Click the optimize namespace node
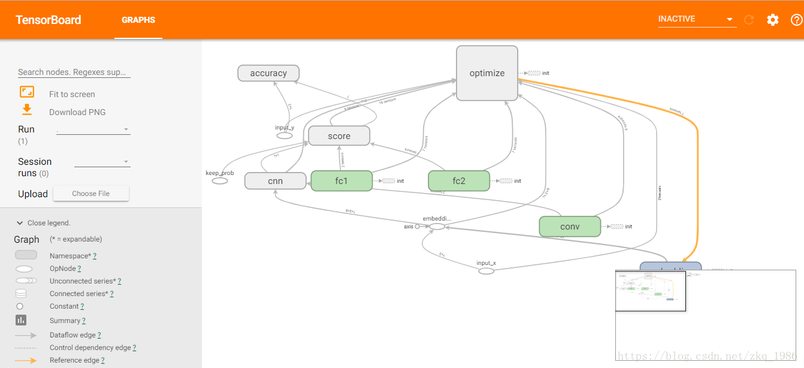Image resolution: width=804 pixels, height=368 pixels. (x=486, y=73)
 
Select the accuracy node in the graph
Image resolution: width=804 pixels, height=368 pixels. (x=268, y=73)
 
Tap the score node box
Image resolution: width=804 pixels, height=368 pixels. (x=339, y=136)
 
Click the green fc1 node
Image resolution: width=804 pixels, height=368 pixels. (x=341, y=181)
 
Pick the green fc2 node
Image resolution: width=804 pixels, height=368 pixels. (x=459, y=181)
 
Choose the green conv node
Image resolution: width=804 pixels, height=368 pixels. (x=570, y=227)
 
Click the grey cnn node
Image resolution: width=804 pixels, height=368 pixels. (x=275, y=181)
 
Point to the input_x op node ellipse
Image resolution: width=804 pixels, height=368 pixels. (x=486, y=271)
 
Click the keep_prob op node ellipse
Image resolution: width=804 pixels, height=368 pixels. (x=220, y=181)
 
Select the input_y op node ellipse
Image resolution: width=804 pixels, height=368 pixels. (x=285, y=135)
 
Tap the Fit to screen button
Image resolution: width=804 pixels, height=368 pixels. (x=72, y=94)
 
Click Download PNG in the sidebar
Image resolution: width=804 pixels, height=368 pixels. (x=77, y=112)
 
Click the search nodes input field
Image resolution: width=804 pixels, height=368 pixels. (x=74, y=72)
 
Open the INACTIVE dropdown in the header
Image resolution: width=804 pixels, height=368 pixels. (x=696, y=19)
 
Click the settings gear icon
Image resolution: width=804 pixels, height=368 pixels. (x=773, y=20)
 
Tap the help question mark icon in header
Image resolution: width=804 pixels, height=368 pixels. (x=796, y=20)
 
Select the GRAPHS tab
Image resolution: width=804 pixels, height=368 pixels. (x=138, y=20)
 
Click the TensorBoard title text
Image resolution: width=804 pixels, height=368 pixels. (x=49, y=20)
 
